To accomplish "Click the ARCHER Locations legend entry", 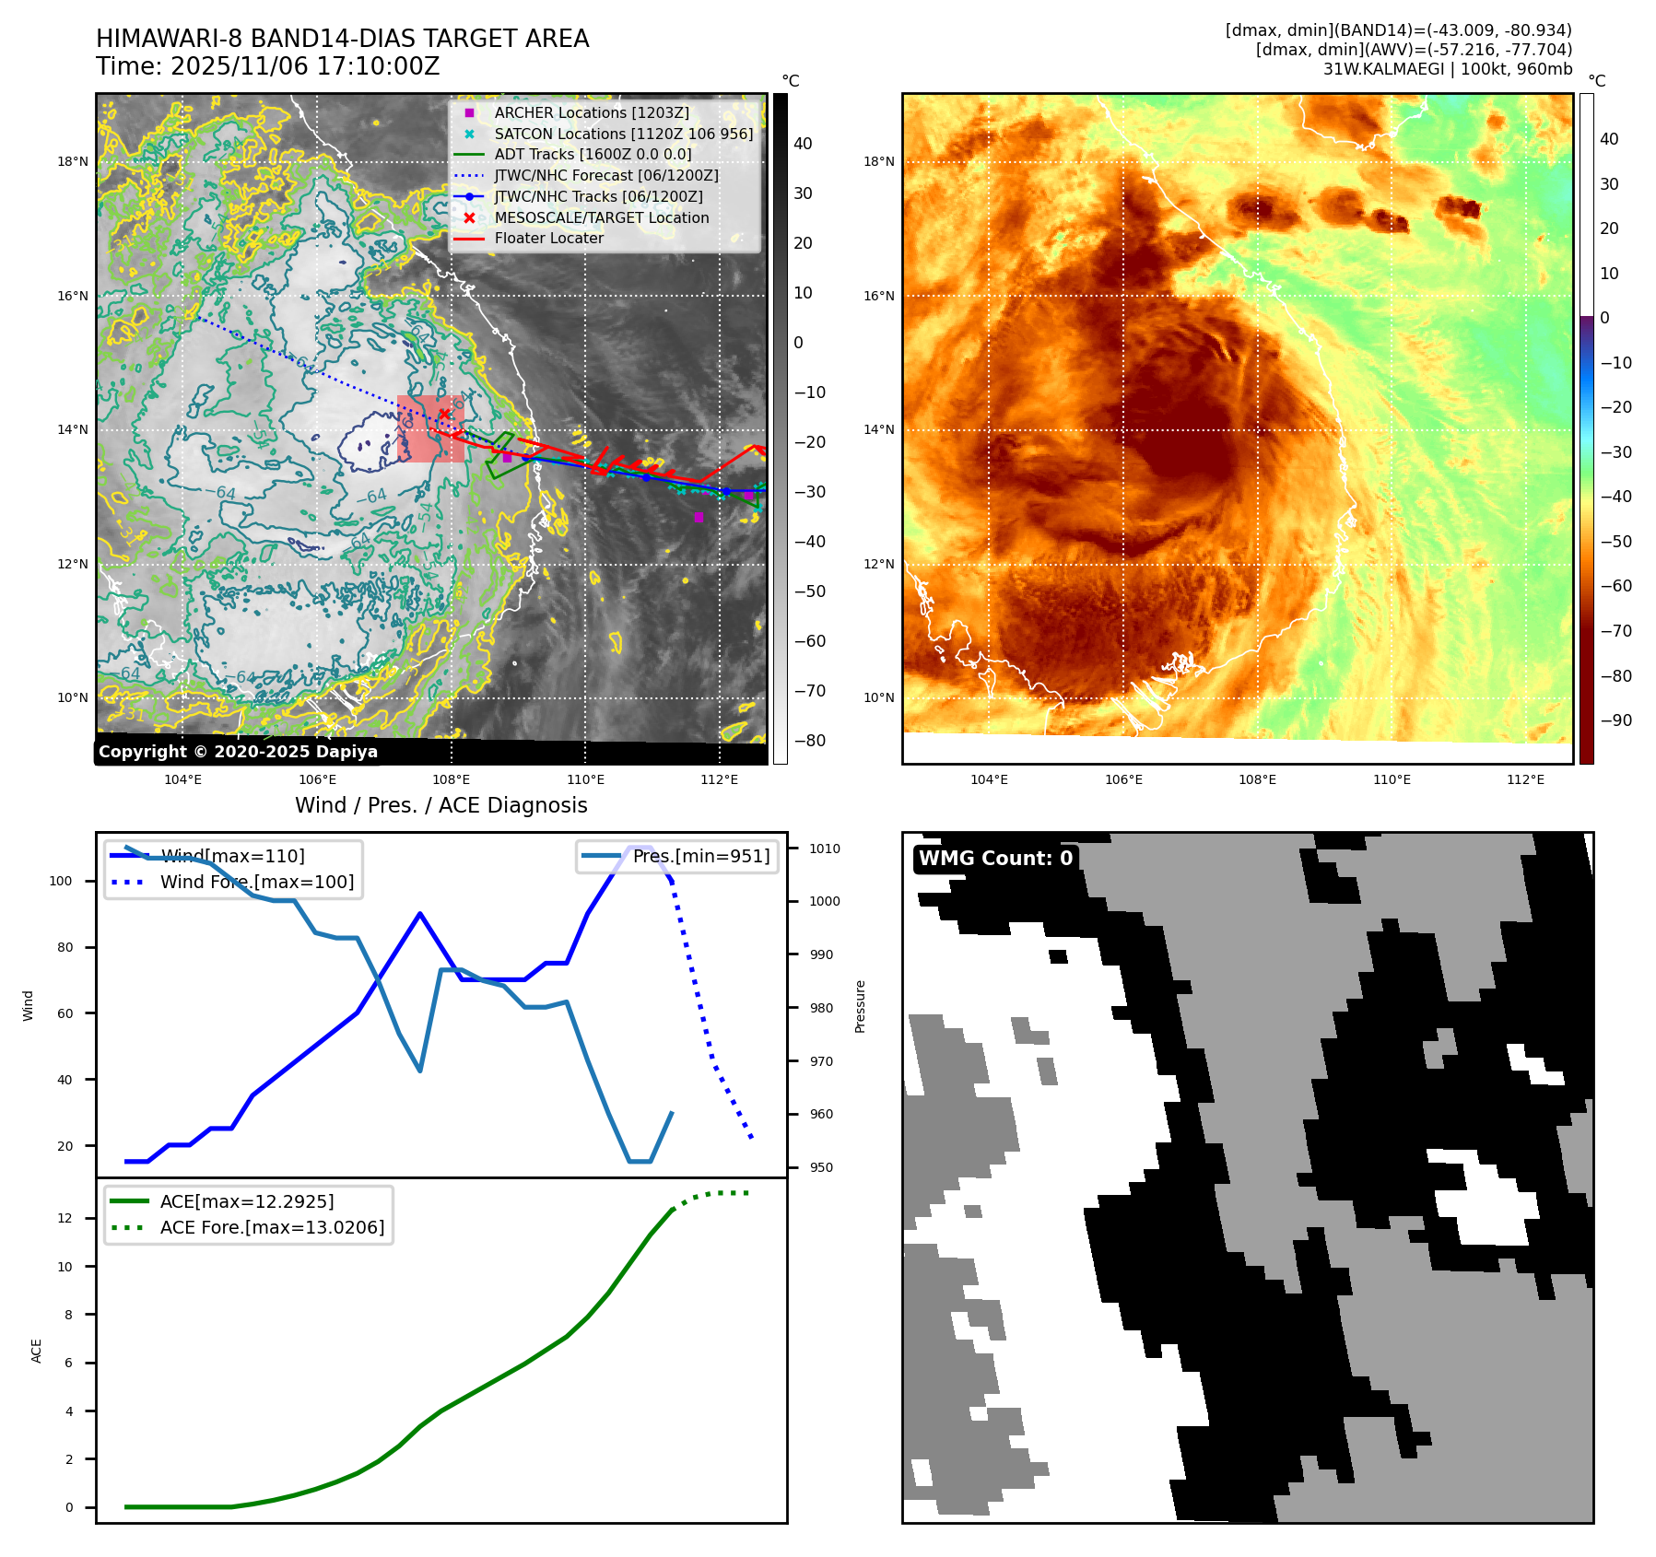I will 591,112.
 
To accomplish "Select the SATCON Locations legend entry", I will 623,134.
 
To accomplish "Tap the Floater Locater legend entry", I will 548,238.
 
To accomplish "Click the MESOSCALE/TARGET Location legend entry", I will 601,217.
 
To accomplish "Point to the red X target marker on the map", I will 444,415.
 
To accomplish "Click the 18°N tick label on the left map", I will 73,161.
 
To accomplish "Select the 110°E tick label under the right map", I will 1392,779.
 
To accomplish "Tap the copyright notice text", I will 238,752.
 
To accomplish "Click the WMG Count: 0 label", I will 995,859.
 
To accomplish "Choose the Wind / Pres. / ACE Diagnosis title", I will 440,805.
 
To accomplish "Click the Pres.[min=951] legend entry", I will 700,856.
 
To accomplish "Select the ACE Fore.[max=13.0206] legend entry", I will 272,1227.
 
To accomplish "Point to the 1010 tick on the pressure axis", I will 825,849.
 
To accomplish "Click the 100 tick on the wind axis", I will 61,881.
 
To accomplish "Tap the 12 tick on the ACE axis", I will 65,1218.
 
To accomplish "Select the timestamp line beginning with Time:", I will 267,66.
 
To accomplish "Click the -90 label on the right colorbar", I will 1615,720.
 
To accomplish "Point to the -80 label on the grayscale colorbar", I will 810,741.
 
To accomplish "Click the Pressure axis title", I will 860,1006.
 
